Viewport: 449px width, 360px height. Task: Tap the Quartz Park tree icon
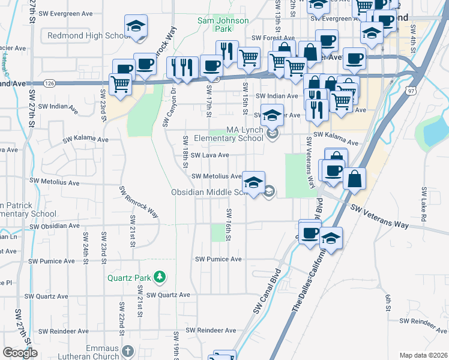tap(160, 277)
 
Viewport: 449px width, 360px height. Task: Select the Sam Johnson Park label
tap(215, 25)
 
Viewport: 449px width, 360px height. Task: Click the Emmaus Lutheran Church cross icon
tap(127, 350)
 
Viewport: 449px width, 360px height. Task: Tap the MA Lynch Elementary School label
tap(244, 134)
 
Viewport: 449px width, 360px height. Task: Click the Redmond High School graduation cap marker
tap(136, 28)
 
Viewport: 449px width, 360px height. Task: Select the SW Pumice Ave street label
tap(218, 259)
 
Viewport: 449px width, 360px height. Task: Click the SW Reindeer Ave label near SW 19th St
tap(211, 331)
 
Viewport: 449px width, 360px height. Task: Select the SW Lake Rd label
tap(423, 206)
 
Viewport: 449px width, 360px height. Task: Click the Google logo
tap(20, 353)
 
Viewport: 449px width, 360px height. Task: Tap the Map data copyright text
tap(423, 355)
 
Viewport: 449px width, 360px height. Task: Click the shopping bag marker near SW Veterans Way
tap(355, 178)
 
